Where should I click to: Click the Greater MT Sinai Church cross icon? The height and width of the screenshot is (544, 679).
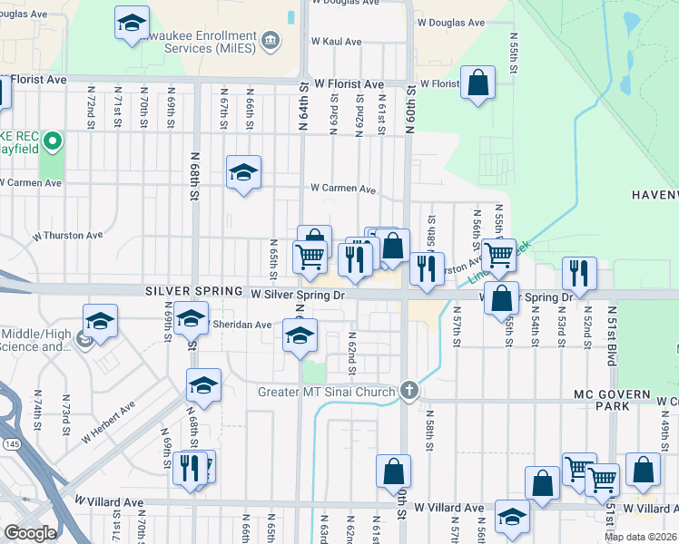point(409,391)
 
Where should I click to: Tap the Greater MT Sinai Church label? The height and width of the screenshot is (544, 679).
point(328,392)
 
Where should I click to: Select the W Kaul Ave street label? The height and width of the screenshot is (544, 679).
point(337,42)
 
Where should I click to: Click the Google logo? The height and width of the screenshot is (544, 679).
point(30,533)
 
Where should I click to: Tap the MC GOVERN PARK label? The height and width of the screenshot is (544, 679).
point(611,401)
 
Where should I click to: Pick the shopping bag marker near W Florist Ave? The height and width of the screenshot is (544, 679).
point(477,84)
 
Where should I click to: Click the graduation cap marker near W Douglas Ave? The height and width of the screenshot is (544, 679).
point(132,23)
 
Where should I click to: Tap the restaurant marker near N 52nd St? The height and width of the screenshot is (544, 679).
point(577,273)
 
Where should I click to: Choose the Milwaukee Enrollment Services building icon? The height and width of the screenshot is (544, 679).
point(270,41)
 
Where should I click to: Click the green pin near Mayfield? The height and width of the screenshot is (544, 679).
point(53,141)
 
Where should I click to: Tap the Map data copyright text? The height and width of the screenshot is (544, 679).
point(640,537)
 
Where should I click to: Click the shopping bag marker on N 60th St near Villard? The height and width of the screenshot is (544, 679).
point(393,471)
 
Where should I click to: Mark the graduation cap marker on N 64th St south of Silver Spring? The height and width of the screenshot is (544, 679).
point(300,335)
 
